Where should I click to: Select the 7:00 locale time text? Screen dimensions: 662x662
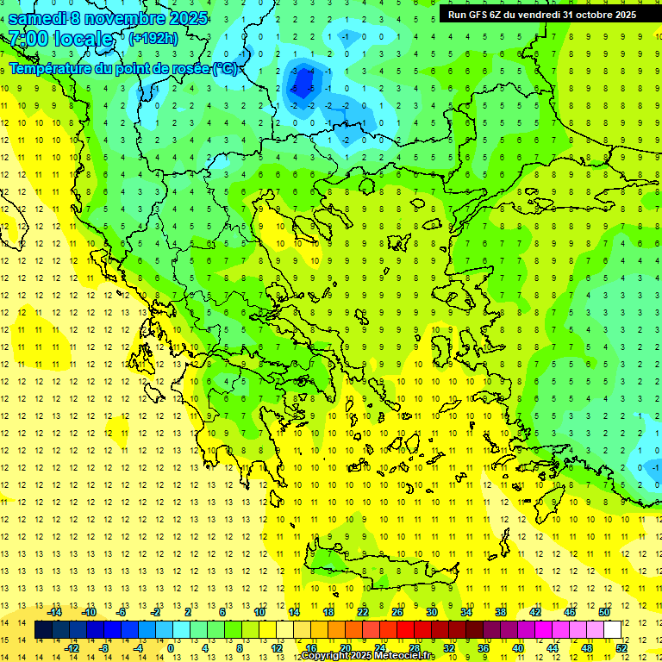(60, 39)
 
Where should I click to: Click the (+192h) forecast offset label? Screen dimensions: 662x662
(153, 39)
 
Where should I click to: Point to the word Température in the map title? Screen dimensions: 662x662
(53, 68)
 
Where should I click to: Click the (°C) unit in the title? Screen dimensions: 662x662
(225, 68)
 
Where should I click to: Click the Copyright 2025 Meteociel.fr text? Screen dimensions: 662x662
(369, 656)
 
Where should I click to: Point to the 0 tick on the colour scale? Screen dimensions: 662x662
(171, 647)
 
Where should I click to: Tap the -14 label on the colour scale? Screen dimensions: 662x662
(54, 611)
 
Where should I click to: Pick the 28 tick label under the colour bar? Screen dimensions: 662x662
(415, 647)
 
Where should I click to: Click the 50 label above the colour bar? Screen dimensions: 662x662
(604, 611)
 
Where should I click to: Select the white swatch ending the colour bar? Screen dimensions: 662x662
(612, 629)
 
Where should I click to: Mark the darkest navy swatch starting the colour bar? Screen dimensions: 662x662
(43, 629)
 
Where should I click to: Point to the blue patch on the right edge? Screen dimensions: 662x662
(652, 466)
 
